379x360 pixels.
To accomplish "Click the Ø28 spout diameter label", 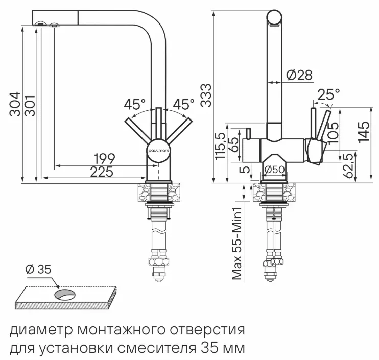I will point(298,75).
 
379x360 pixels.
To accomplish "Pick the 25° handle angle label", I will point(328,94).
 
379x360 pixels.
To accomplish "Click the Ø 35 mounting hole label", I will point(38,269).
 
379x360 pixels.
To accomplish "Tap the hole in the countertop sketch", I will point(64,294).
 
